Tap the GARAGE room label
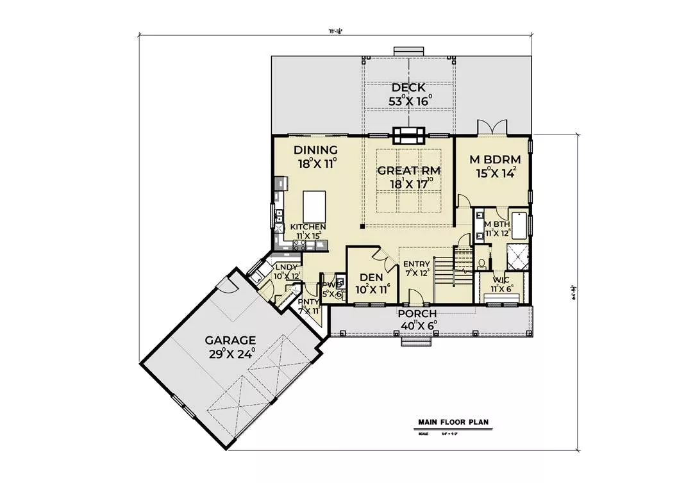pyautogui.click(x=230, y=340)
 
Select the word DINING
pyautogui.click(x=316, y=150)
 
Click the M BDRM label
pyautogui.click(x=492, y=159)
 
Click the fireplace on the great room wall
pyautogui.click(x=409, y=135)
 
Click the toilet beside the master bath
pyautogui.click(x=481, y=263)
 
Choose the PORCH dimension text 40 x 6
pyautogui.click(x=417, y=325)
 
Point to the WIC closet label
pyautogui.click(x=501, y=280)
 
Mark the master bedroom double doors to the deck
pyautogui.click(x=492, y=126)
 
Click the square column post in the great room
pyautogui.click(x=362, y=225)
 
